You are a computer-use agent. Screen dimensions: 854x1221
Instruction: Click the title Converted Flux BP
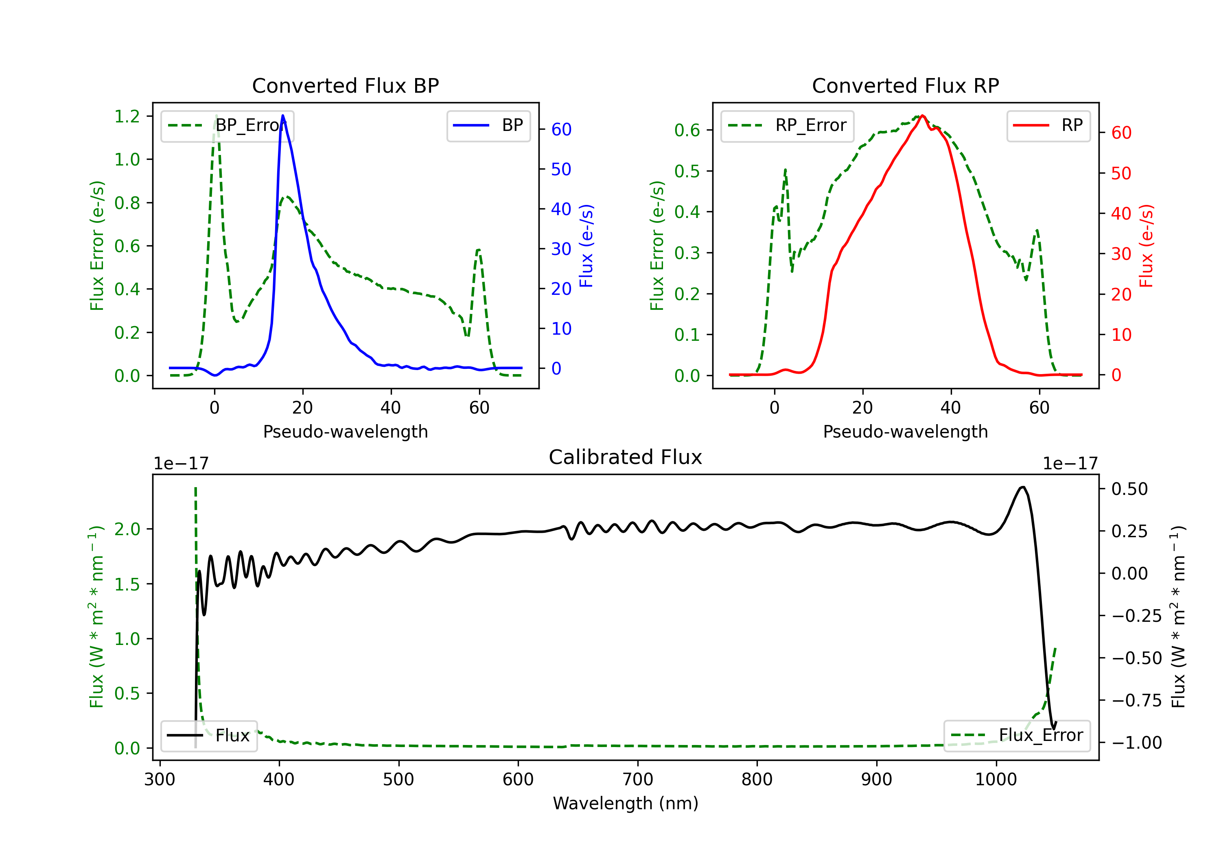345,85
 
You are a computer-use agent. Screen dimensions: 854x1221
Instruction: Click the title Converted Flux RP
905,85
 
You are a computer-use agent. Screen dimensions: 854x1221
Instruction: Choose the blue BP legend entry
488,125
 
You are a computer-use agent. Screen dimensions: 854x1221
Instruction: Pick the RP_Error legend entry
787,125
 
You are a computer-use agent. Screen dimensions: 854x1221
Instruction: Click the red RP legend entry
1048,125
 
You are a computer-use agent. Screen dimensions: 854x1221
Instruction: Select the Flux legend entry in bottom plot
209,736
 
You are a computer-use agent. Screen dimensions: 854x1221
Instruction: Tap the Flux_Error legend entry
1017,736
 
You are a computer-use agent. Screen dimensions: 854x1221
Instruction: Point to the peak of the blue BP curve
283,115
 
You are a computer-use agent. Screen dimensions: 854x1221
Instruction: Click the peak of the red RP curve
922,115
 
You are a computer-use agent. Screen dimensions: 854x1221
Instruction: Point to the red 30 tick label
1121,254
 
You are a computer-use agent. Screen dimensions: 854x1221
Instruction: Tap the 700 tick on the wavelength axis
638,779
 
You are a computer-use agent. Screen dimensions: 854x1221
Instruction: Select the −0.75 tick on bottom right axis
1136,700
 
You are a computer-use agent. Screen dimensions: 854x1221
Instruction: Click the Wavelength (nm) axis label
626,803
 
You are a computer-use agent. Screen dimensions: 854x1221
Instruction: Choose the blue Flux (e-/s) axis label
586,246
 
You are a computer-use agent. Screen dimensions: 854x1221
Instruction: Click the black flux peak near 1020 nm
1022,487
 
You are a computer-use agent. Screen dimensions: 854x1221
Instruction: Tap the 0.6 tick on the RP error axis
687,130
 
